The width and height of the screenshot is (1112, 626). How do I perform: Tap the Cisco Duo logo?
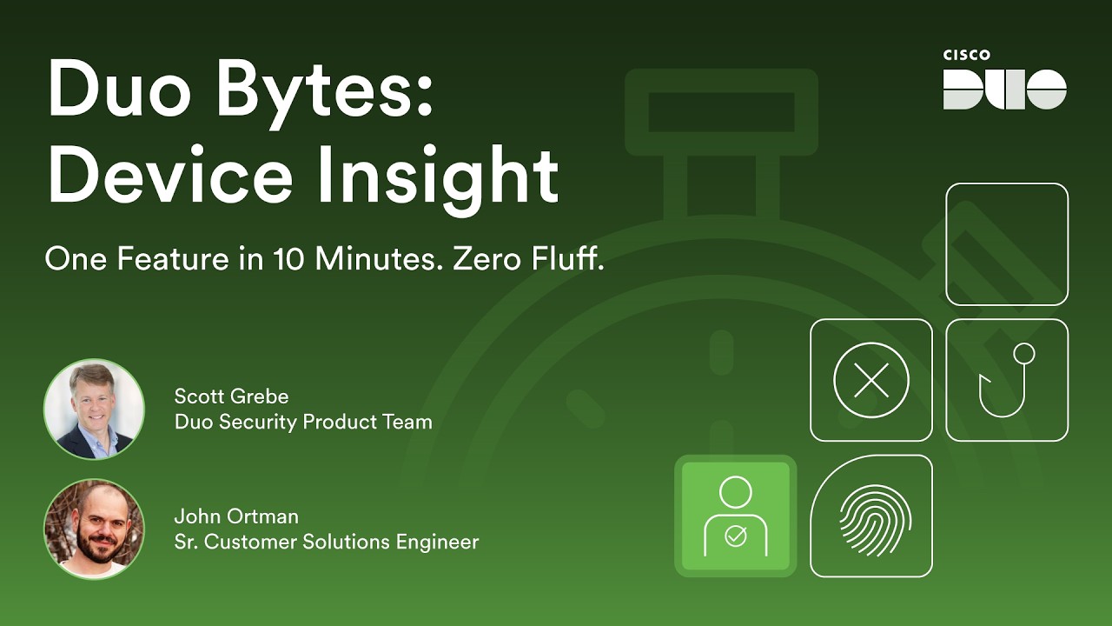coord(1005,89)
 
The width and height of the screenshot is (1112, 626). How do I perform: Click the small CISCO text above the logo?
coord(967,56)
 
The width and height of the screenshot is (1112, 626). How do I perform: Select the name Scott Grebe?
coord(231,396)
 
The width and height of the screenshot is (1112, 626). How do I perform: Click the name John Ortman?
coord(236,516)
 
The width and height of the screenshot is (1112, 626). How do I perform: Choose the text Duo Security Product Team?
coord(303,423)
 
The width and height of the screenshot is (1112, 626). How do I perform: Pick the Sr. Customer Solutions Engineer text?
coord(327,542)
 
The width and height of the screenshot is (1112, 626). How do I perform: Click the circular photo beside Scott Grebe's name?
coord(94,409)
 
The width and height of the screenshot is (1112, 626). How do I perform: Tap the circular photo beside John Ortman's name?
coord(94,529)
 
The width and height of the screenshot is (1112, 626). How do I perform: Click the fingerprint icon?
coord(872,516)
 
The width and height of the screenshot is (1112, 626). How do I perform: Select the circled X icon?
coord(871,380)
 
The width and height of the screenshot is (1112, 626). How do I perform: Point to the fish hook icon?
coord(1007,380)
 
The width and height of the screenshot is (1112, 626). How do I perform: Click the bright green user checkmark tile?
coord(735,516)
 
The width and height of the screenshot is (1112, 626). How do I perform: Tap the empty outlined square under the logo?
coord(1007,244)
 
